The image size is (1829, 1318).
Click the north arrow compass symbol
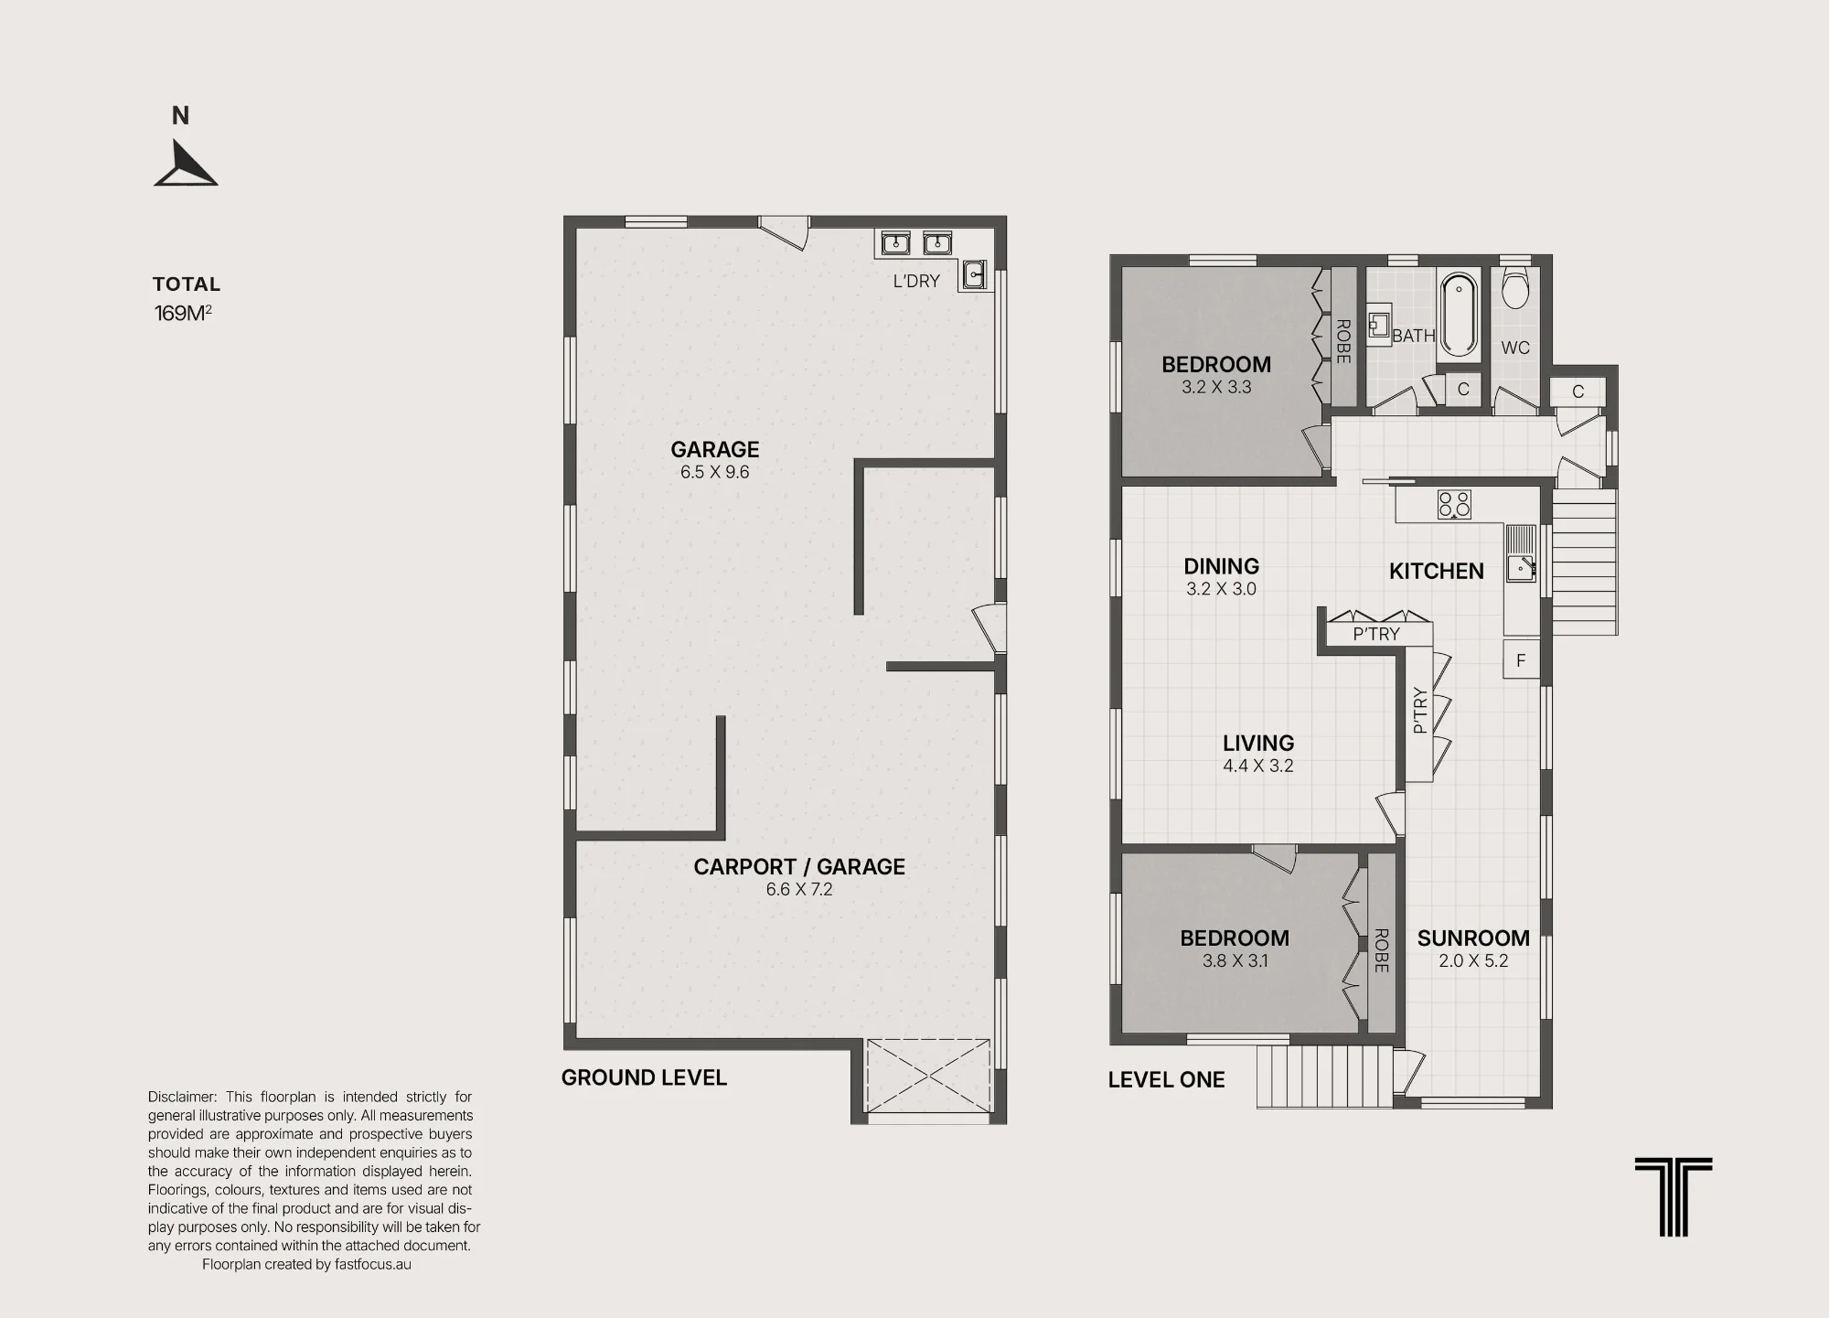tap(186, 165)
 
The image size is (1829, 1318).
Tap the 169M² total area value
tap(183, 313)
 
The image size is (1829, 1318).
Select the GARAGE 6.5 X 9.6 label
tap(715, 460)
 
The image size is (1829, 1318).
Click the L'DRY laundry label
tap(916, 281)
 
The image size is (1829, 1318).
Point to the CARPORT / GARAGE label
tap(799, 866)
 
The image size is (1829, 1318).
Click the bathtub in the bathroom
tap(1459, 314)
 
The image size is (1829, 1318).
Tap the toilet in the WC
tap(1515, 287)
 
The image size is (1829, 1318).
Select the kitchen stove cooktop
tap(1454, 504)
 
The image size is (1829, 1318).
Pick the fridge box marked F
tap(1521, 659)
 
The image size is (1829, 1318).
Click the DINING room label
tap(1222, 566)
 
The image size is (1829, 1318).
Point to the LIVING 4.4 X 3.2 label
tap(1258, 754)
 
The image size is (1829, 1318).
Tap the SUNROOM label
tap(1473, 938)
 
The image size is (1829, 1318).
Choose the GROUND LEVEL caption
tap(644, 1077)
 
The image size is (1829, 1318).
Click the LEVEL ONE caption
tap(1166, 1079)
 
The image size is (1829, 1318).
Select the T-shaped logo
tap(1674, 1196)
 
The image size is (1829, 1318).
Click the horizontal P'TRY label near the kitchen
tap(1376, 634)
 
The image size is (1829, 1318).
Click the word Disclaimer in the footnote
tap(182, 1097)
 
